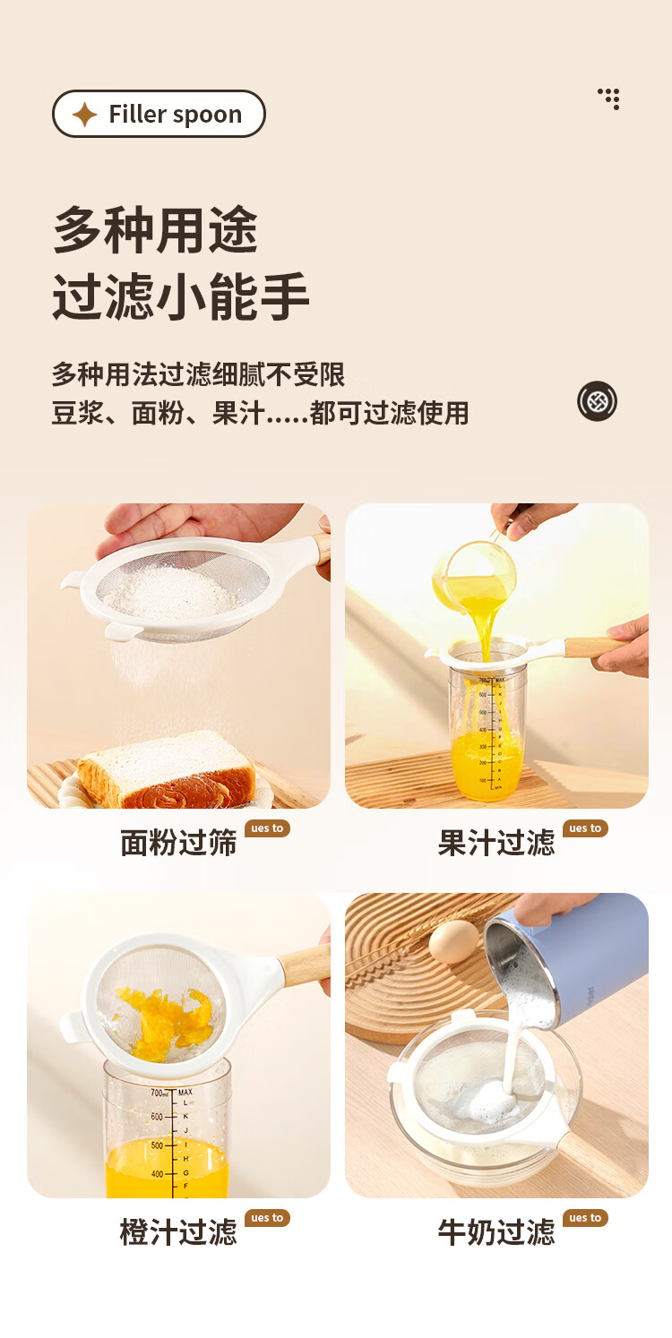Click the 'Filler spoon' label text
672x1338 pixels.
[x=176, y=114]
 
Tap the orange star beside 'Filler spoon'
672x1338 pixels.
[x=85, y=114]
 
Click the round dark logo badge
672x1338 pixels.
[x=597, y=401]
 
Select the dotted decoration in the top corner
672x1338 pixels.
[x=609, y=99]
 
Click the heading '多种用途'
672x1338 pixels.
[x=155, y=230]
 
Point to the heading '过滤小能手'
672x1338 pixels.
[x=181, y=296]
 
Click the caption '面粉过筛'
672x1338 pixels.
[x=178, y=843]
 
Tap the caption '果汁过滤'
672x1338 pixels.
[x=496, y=843]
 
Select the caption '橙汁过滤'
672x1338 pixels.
[x=178, y=1232]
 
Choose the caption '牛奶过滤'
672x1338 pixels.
[x=496, y=1232]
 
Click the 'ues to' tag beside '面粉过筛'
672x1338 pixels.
[x=267, y=828]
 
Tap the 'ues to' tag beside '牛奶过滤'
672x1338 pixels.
[x=585, y=1218]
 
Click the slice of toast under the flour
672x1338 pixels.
[x=167, y=770]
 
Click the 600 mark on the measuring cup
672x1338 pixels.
[x=157, y=1117]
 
